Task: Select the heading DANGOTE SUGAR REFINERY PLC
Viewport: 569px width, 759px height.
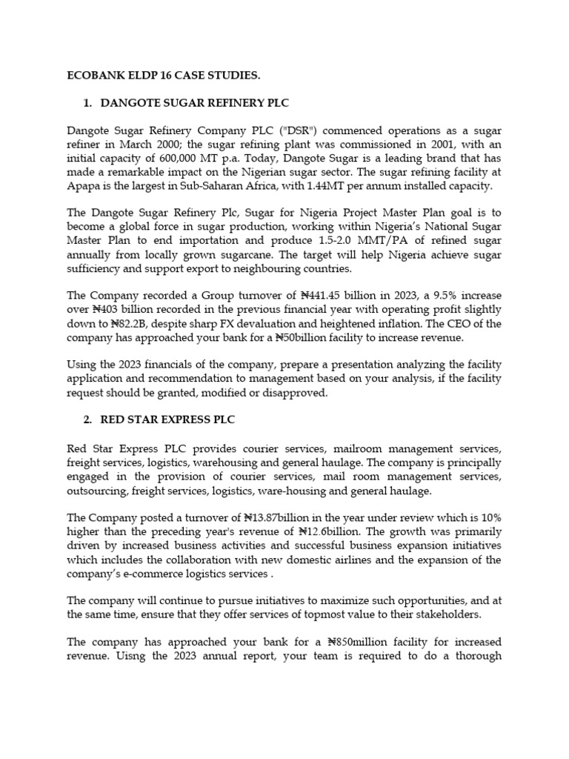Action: tap(194, 103)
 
